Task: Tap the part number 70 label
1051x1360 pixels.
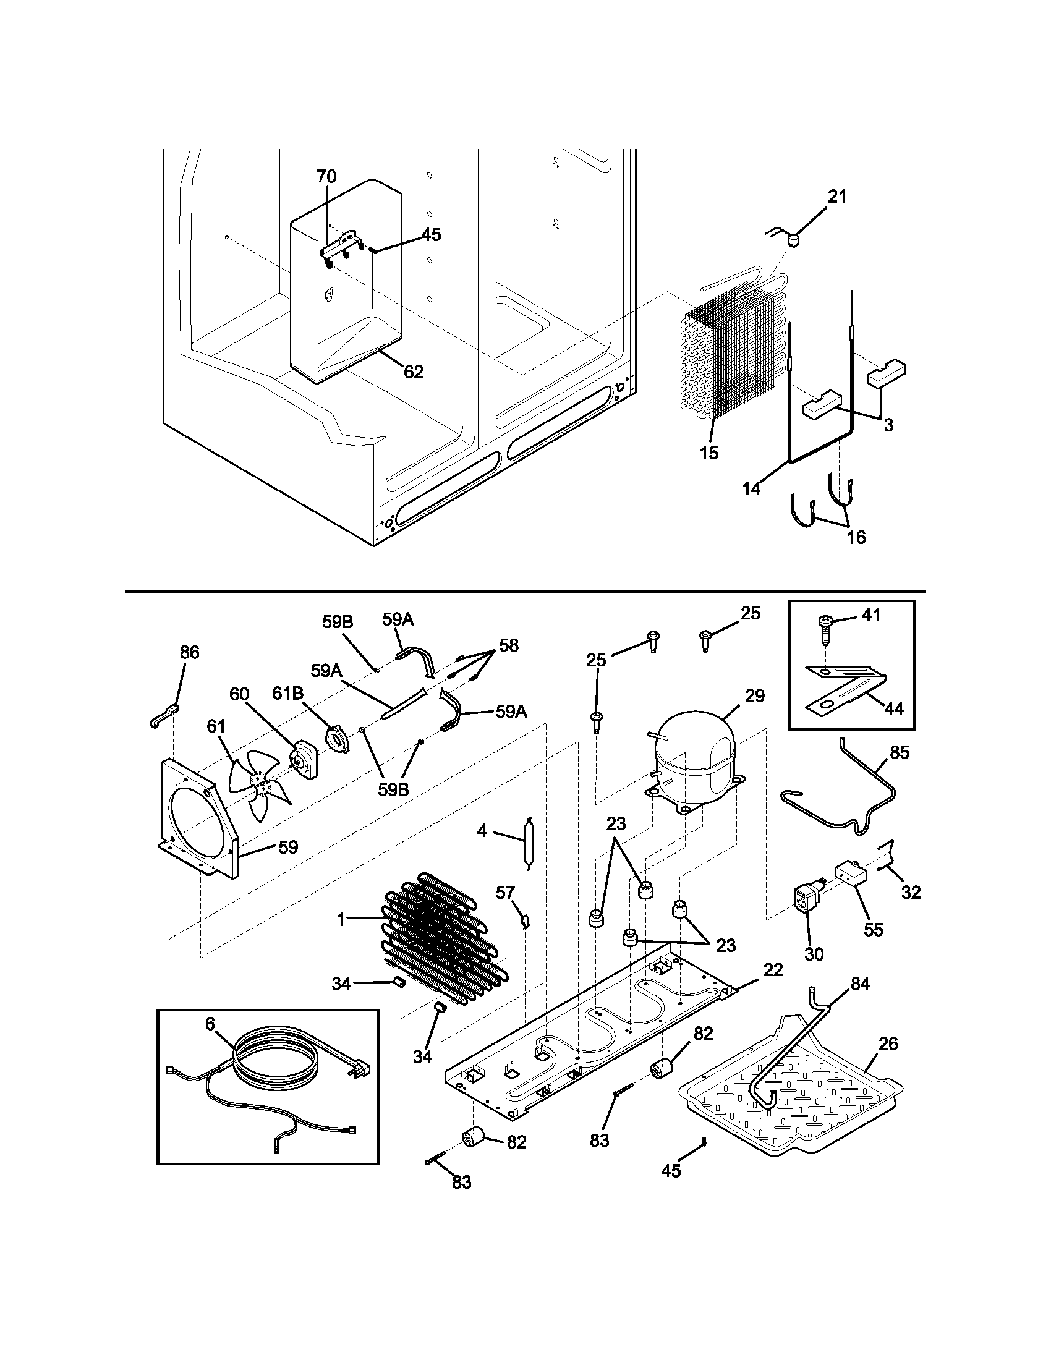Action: pyautogui.click(x=326, y=176)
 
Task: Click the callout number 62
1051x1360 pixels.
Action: pyautogui.click(x=414, y=372)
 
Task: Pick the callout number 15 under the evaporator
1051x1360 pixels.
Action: pyautogui.click(x=708, y=453)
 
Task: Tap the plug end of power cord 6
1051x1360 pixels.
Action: pyautogui.click(x=363, y=1070)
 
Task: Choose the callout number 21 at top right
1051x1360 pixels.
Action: pyautogui.click(x=837, y=197)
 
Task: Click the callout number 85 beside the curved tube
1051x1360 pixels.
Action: pyautogui.click(x=900, y=752)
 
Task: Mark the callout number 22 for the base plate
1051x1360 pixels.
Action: pyautogui.click(x=773, y=969)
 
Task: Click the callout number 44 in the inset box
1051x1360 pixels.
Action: pyautogui.click(x=893, y=708)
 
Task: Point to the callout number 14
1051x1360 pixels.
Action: pyautogui.click(x=752, y=489)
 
